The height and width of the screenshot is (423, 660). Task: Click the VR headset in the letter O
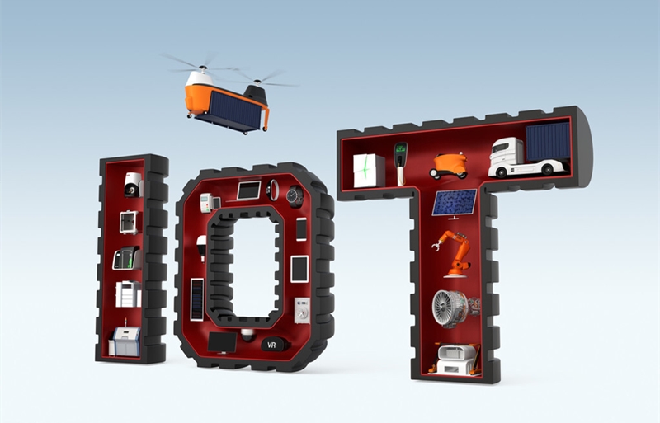tap(273, 345)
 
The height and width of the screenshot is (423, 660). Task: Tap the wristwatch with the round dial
tap(295, 196)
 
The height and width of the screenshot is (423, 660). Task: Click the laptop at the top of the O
tap(248, 190)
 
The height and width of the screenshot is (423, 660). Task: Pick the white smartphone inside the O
tap(301, 229)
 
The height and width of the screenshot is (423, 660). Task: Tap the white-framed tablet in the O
tap(299, 269)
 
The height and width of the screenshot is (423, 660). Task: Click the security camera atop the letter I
tap(133, 185)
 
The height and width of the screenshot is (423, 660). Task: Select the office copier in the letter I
tap(129, 294)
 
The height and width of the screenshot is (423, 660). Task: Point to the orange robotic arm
tap(452, 253)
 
